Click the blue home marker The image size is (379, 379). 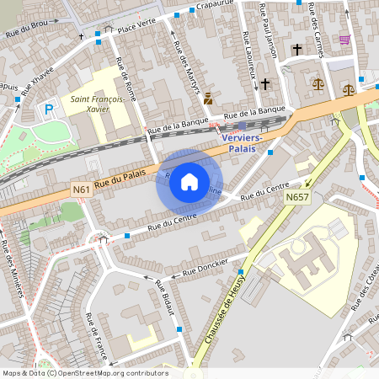(189, 181)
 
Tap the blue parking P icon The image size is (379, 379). (49, 108)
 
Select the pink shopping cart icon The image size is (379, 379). (344, 40)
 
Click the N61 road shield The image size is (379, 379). (82, 190)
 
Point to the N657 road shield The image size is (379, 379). (296, 197)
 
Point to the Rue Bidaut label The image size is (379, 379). (164, 299)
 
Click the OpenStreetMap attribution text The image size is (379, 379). (84, 373)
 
